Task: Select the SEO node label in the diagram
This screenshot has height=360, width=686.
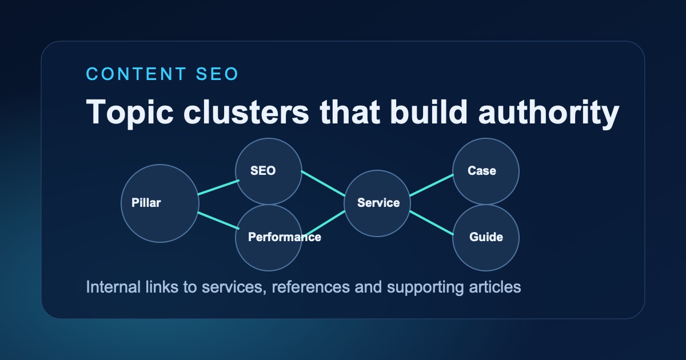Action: click(263, 170)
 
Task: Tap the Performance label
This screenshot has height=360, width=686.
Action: click(284, 237)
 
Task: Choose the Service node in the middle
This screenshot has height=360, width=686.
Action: click(378, 203)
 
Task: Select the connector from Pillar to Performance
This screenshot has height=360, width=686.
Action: click(218, 221)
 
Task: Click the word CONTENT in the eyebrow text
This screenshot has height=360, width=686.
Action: click(135, 74)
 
